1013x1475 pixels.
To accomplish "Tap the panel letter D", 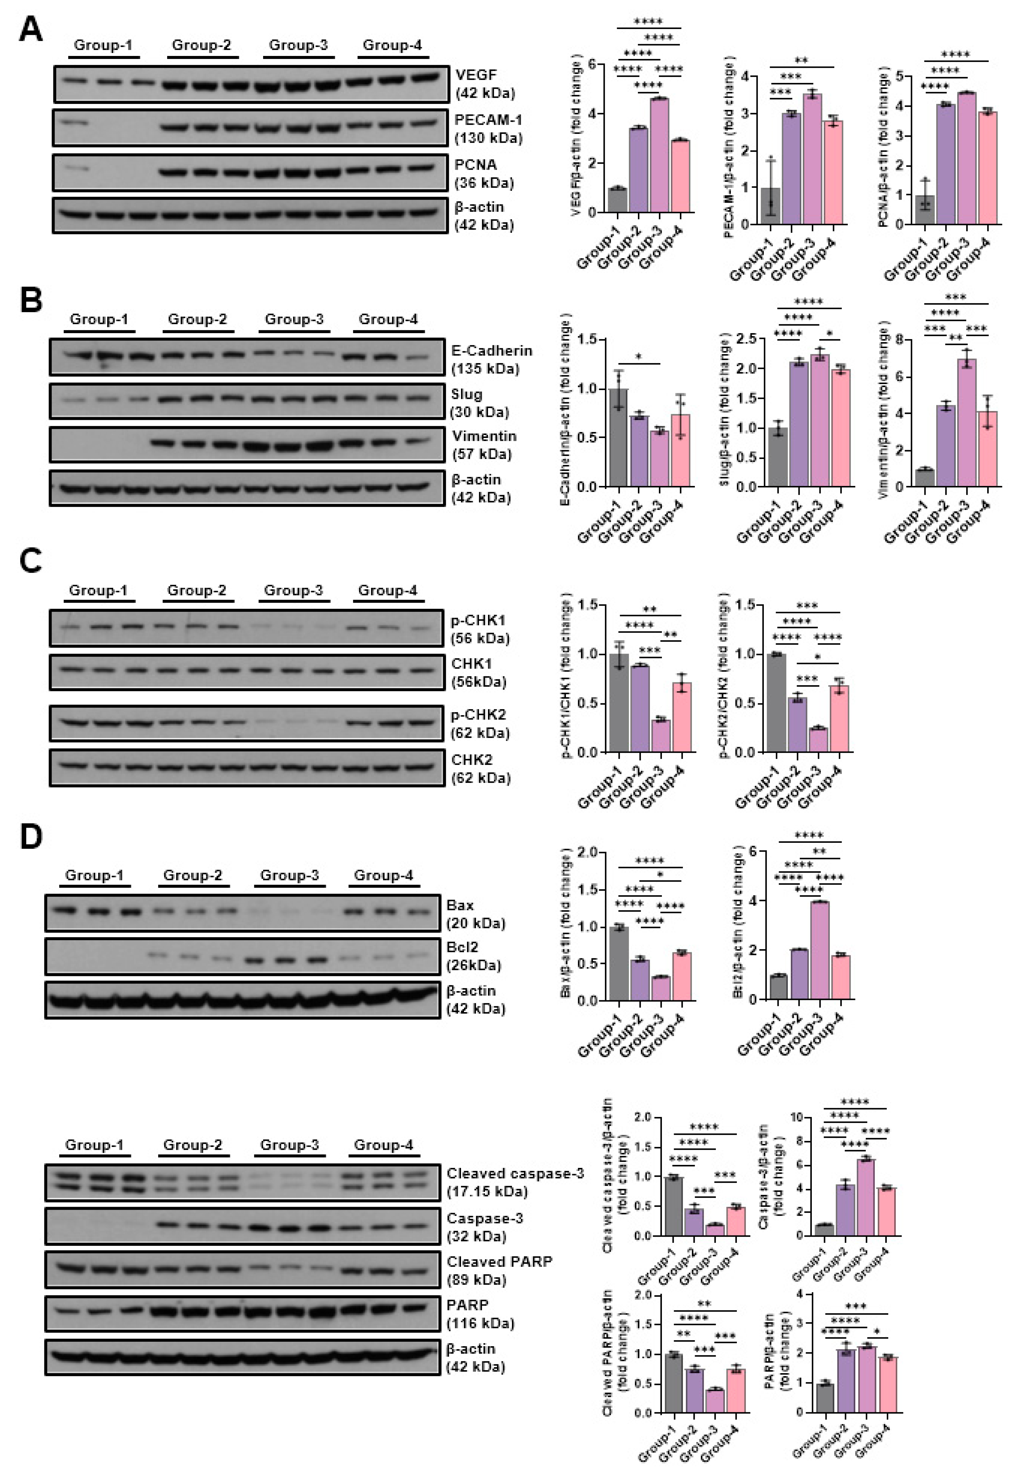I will [31, 837].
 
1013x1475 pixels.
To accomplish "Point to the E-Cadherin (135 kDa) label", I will [491, 359].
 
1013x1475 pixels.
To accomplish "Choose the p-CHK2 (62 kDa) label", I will [479, 723].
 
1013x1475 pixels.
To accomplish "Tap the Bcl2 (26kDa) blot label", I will [473, 956].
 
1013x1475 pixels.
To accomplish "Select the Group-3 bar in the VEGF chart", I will [660, 155].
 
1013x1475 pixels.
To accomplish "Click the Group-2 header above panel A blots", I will [202, 45].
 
